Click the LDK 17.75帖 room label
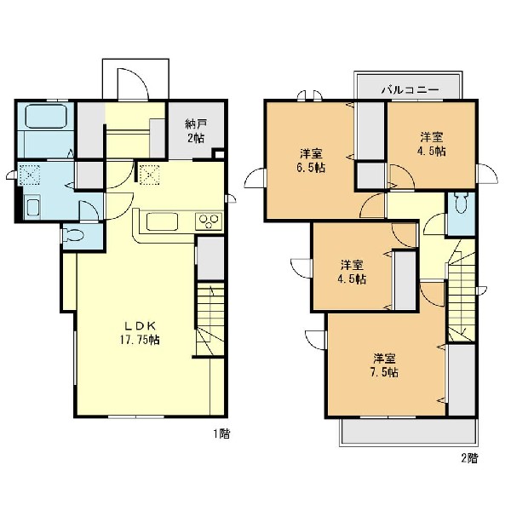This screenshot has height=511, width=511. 140,333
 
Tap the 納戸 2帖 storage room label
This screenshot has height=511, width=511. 196,131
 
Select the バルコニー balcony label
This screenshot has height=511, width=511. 410,89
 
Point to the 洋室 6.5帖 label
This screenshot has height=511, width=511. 312,161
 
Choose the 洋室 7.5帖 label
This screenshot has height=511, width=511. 385,365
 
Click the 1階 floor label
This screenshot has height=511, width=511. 221,434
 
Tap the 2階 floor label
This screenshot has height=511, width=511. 469,458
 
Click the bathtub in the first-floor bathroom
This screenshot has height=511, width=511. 46,117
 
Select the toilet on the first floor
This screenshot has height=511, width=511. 73,235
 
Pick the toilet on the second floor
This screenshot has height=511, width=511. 461,203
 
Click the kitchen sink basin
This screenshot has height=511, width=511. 162,221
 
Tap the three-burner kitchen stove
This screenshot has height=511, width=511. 209,221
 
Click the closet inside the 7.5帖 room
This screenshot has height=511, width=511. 462,380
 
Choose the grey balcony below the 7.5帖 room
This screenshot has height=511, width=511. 409,432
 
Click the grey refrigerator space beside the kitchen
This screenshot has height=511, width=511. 210,258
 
